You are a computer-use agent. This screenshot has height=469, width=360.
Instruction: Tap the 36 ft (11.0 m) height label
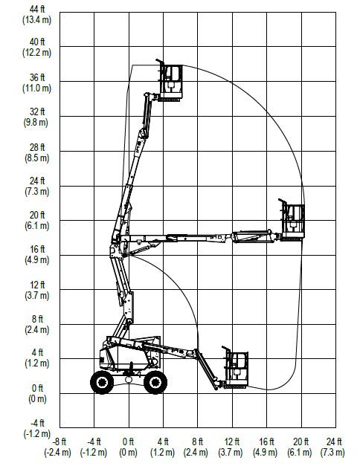(x=36, y=83)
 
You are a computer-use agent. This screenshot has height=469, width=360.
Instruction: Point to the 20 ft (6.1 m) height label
(x=36, y=220)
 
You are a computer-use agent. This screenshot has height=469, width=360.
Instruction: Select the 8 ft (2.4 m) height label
(x=36, y=324)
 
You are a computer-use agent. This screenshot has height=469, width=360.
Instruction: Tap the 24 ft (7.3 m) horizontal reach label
(x=332, y=447)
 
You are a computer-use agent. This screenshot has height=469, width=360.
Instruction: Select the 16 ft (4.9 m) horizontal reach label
(x=265, y=447)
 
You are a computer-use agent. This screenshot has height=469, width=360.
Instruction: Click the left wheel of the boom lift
(x=102, y=382)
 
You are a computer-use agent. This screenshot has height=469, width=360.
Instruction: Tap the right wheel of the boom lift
(x=155, y=382)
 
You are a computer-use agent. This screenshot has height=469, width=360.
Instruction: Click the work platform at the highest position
(x=170, y=81)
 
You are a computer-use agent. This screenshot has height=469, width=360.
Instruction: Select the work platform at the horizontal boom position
(x=292, y=220)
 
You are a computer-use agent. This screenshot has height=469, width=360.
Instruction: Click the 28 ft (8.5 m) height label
(x=36, y=152)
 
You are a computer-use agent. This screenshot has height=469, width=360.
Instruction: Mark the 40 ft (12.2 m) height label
(x=36, y=47)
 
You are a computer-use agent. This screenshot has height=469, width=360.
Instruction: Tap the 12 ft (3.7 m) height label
(x=36, y=290)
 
